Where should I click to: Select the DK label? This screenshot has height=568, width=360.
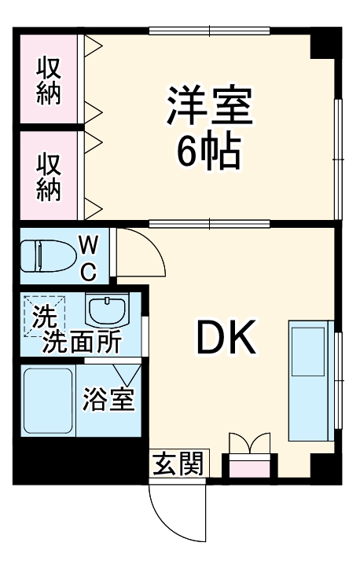pos(226,338)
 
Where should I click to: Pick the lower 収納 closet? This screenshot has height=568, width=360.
pos(49,177)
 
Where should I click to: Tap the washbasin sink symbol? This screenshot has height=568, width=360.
pos(107,312)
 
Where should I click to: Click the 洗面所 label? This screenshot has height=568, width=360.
pos(82,343)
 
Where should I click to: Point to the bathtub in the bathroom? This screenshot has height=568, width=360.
pos(46,401)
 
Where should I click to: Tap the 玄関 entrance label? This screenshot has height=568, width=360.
pos(176,463)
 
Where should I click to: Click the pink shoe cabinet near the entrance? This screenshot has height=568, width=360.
pos(248,468)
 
